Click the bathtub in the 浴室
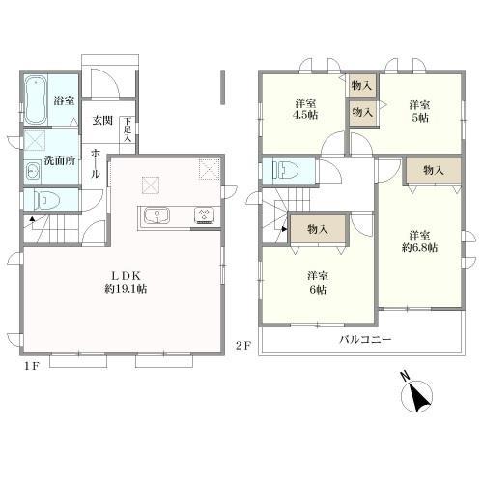click(35, 99)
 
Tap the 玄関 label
click(102, 121)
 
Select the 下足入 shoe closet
click(128, 135)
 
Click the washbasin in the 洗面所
click(33, 171)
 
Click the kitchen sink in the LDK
click(156, 215)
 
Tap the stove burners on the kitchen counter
click(204, 215)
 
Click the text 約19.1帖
click(126, 289)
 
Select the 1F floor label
click(32, 366)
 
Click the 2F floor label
click(243, 346)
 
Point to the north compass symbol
click(416, 393)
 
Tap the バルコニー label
click(365, 339)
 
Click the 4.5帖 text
click(305, 115)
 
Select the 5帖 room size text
click(420, 118)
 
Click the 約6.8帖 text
click(419, 248)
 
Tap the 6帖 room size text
click(318, 290)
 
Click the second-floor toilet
click(285, 170)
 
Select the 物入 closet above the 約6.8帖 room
click(434, 171)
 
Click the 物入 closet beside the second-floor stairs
click(318, 229)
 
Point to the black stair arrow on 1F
click(32, 219)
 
